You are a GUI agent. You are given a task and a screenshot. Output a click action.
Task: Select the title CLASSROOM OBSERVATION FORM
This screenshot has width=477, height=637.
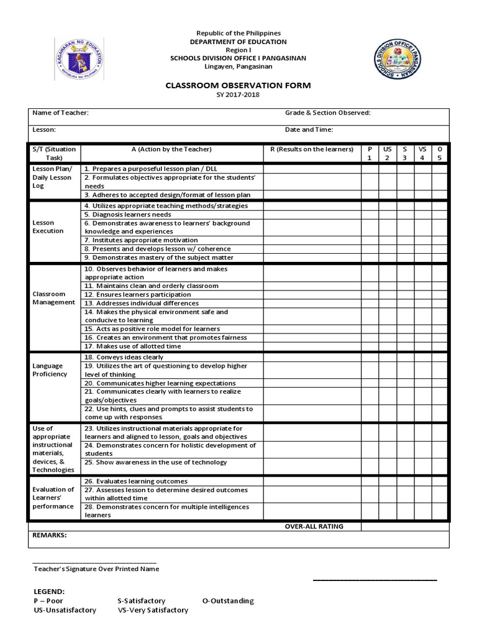238,85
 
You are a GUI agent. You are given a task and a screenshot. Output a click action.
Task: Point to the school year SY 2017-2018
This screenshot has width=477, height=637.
238,95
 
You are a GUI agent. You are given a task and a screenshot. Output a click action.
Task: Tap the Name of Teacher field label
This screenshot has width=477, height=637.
60,113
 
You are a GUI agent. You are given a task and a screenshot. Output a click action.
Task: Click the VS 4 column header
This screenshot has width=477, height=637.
422,154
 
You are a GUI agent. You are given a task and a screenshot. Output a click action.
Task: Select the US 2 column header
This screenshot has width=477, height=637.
387,154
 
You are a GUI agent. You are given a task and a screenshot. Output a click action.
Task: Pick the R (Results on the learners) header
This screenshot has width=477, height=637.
312,149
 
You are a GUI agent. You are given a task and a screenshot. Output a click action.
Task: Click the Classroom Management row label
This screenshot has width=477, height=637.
53,298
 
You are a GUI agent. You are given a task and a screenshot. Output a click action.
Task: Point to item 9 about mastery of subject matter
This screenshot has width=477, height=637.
158,258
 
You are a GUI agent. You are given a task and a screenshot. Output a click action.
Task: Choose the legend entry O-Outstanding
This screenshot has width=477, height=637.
228,601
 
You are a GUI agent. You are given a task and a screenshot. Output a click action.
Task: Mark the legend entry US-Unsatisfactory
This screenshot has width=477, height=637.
65,610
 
